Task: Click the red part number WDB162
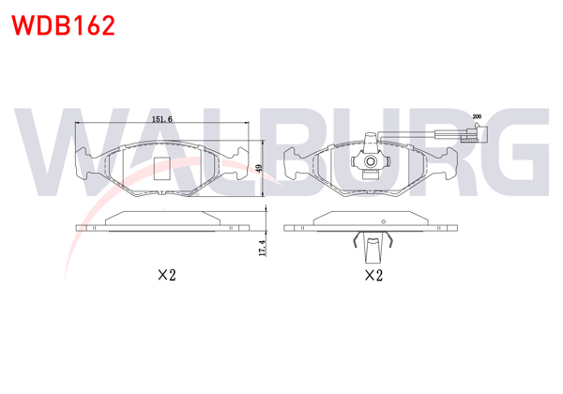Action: (x=63, y=25)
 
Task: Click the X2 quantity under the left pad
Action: (x=167, y=276)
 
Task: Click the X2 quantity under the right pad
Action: (x=373, y=276)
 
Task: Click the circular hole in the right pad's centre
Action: (x=371, y=162)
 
